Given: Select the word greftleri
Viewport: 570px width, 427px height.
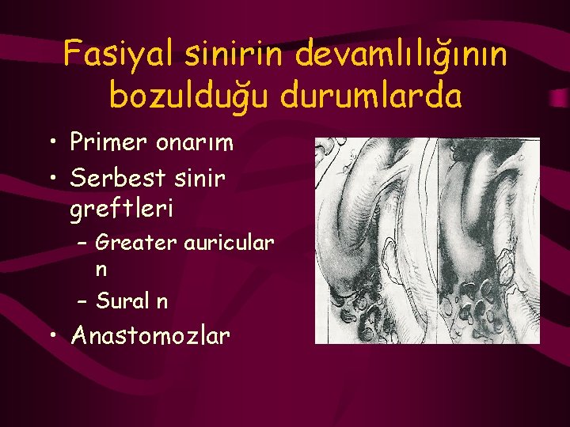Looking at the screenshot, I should [122, 211].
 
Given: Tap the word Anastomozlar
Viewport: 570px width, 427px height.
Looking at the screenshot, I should [150, 336].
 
